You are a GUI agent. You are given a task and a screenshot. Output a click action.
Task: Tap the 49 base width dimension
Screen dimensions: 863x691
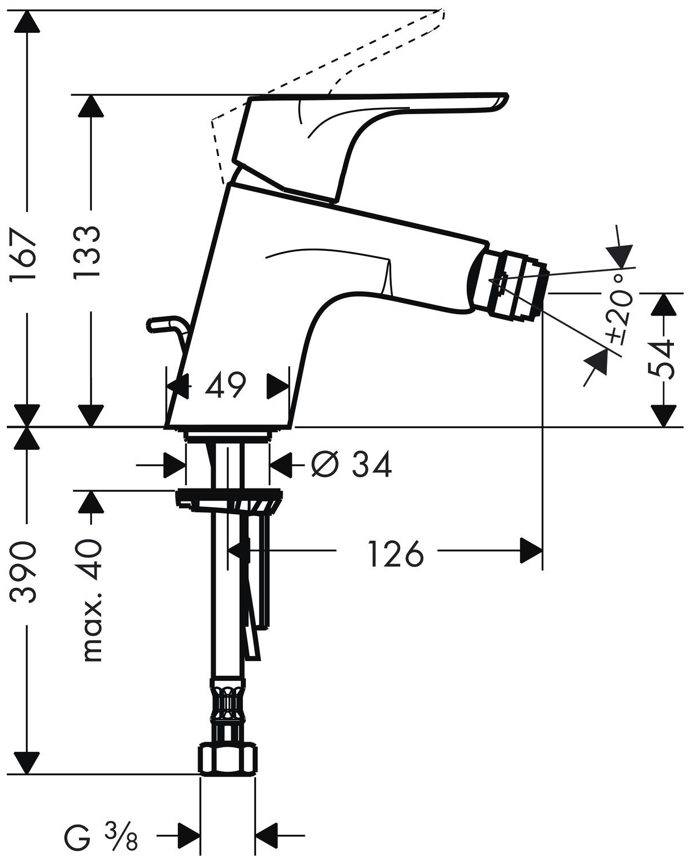pos(225,386)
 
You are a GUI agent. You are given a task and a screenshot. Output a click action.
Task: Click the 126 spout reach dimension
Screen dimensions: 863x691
pos(396,553)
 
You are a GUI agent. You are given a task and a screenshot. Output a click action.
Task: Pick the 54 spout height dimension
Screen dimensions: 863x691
pos(662,359)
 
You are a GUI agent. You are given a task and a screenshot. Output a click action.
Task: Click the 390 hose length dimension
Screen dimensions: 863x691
pos(26,572)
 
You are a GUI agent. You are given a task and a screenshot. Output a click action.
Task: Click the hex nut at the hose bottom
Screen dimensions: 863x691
pos(228,760)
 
